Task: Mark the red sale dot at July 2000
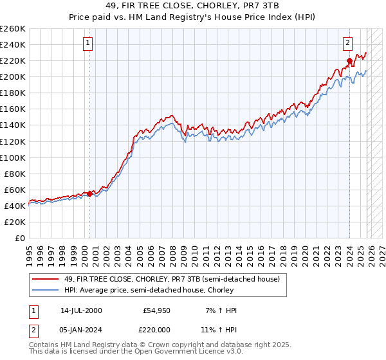tap(89, 193)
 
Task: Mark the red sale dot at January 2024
tap(349, 61)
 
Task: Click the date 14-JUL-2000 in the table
tap(80, 310)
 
